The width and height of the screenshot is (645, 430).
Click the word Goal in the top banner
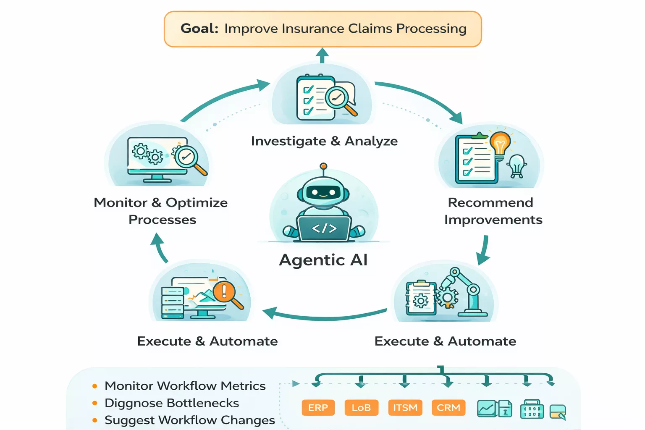pos(199,29)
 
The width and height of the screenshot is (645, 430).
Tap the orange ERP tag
pos(318,408)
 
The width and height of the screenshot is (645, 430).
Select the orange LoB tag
pos(361,408)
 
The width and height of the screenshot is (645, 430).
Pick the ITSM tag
pos(405,408)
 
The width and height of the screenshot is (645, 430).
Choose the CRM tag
pos(448,408)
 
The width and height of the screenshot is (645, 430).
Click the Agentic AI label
pos(323,260)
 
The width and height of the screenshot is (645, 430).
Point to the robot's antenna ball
pos(323,166)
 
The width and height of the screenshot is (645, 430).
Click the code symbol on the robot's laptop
pos(324,228)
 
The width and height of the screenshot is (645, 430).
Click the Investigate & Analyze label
pos(324,141)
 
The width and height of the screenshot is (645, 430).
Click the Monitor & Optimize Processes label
pos(161,211)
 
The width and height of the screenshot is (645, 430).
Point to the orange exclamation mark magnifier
pos(224,291)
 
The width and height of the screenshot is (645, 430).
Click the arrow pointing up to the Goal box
pos(322,55)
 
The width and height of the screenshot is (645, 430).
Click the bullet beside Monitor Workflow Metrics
pos(95,386)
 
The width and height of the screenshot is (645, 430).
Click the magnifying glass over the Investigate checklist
pos(338,98)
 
